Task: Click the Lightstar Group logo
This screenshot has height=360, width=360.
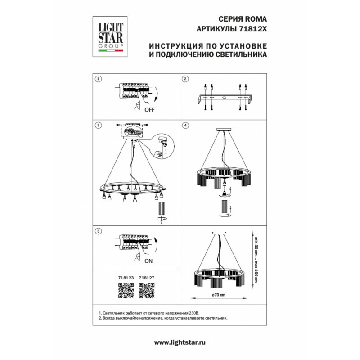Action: pyautogui.click(x=110, y=36)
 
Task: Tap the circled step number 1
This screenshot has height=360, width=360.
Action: pyautogui.click(x=99, y=79)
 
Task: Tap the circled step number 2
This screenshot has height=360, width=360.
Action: pyautogui.click(x=185, y=79)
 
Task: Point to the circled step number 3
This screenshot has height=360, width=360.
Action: pyautogui.click(x=99, y=126)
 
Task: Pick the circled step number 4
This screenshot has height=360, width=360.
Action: pyautogui.click(x=185, y=126)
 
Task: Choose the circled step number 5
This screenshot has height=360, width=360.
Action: pyautogui.click(x=99, y=231)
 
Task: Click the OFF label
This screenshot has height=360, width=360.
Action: pyautogui.click(x=149, y=110)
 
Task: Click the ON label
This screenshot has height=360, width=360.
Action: pyautogui.click(x=148, y=261)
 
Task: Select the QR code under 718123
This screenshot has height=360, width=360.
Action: pyautogui.click(x=126, y=290)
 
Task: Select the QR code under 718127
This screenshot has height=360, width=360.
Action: pyautogui.click(x=147, y=290)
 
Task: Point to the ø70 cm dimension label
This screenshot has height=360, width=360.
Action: pyautogui.click(x=219, y=295)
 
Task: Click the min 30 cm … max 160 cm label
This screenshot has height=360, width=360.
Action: pyautogui.click(x=255, y=259)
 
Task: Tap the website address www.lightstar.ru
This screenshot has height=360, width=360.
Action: pyautogui.click(x=180, y=343)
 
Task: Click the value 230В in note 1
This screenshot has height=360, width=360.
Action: pyautogui.click(x=194, y=313)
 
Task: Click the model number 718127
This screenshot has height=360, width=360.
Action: pyautogui.click(x=147, y=278)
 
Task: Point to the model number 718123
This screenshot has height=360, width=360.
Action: pyautogui.click(x=126, y=278)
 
